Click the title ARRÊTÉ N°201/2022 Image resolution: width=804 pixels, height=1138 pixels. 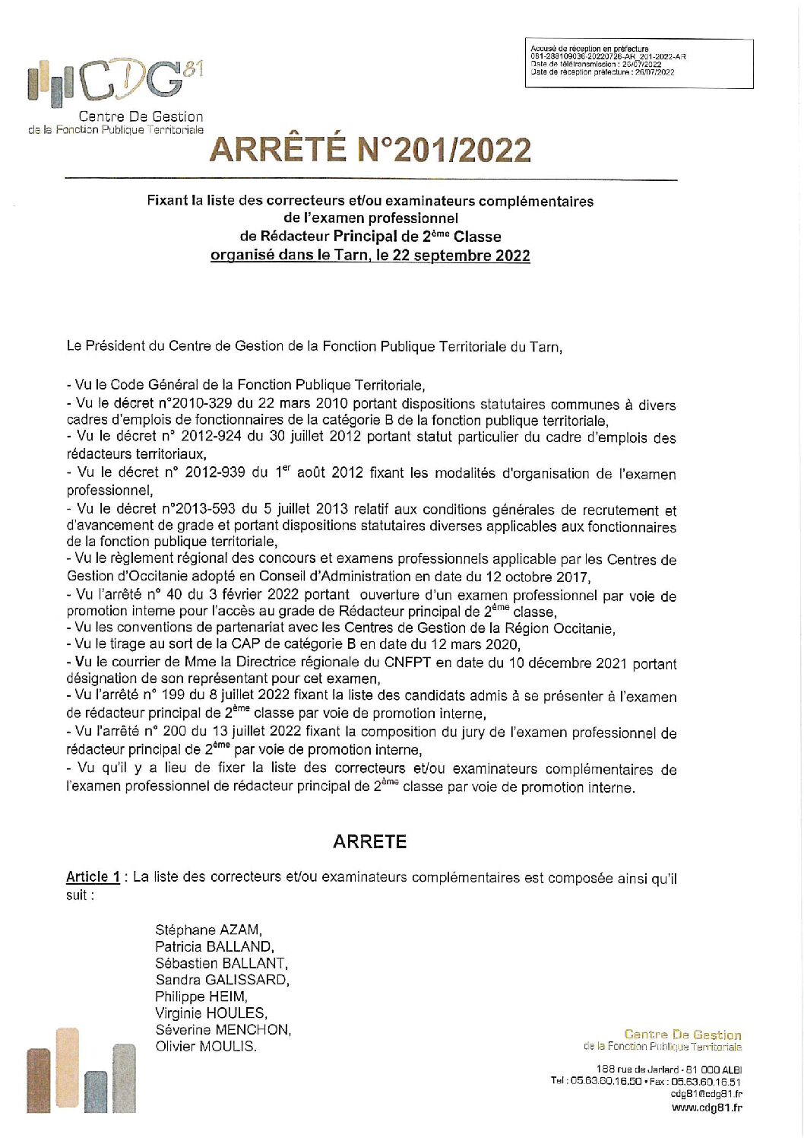(370, 150)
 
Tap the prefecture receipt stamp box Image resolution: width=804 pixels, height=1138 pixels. (638, 62)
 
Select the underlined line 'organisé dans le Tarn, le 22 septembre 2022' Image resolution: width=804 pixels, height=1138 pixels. (370, 256)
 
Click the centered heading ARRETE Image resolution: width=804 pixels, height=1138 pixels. (370, 841)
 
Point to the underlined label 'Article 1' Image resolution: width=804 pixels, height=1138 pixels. (93, 877)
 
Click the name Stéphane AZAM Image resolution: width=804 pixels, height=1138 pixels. (208, 930)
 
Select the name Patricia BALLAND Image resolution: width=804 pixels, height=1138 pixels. (214, 946)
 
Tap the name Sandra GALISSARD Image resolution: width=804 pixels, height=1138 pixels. (222, 980)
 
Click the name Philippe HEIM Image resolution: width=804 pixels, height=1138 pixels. (201, 997)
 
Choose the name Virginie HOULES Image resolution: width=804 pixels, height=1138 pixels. (211, 1013)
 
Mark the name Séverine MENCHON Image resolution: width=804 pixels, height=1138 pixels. (223, 1030)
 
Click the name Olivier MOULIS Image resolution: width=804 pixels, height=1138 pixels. (206, 1047)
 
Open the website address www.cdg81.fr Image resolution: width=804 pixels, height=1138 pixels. (707, 1108)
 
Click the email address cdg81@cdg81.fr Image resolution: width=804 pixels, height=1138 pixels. (707, 1094)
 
